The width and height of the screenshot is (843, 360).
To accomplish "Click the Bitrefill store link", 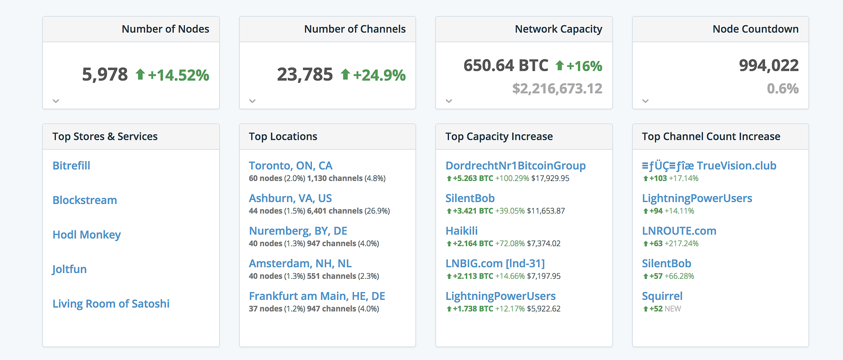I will point(71,166).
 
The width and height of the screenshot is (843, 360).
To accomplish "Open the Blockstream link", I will point(84,200).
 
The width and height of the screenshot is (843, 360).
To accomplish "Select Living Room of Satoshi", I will point(111,304).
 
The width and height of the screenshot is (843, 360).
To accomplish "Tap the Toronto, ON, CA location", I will point(290,166).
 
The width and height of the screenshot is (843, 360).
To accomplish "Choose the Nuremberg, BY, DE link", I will point(298,231).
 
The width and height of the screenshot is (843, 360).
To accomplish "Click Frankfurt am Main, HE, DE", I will point(317,296).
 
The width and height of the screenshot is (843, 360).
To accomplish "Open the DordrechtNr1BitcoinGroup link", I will point(515,166).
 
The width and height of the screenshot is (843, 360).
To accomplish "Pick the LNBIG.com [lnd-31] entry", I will point(495,264).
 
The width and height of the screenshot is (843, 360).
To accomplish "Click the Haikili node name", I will point(462,231).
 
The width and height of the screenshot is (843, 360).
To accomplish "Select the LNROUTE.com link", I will point(679,231).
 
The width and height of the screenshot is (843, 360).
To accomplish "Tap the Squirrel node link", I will point(662,296).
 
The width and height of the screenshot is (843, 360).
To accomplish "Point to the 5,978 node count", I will point(105,74).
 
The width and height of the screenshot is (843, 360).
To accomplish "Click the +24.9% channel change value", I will point(379,75).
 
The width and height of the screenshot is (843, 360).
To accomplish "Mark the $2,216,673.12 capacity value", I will point(557,89).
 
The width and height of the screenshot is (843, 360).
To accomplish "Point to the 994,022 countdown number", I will point(769,65).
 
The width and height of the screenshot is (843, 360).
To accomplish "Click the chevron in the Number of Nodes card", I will point(56,101).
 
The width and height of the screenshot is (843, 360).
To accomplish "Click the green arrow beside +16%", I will point(560,65).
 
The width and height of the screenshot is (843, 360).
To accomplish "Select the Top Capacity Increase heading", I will point(499,137).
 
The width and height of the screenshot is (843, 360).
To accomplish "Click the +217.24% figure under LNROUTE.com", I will point(682,244).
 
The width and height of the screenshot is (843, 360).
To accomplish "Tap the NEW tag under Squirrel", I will point(673,309).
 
